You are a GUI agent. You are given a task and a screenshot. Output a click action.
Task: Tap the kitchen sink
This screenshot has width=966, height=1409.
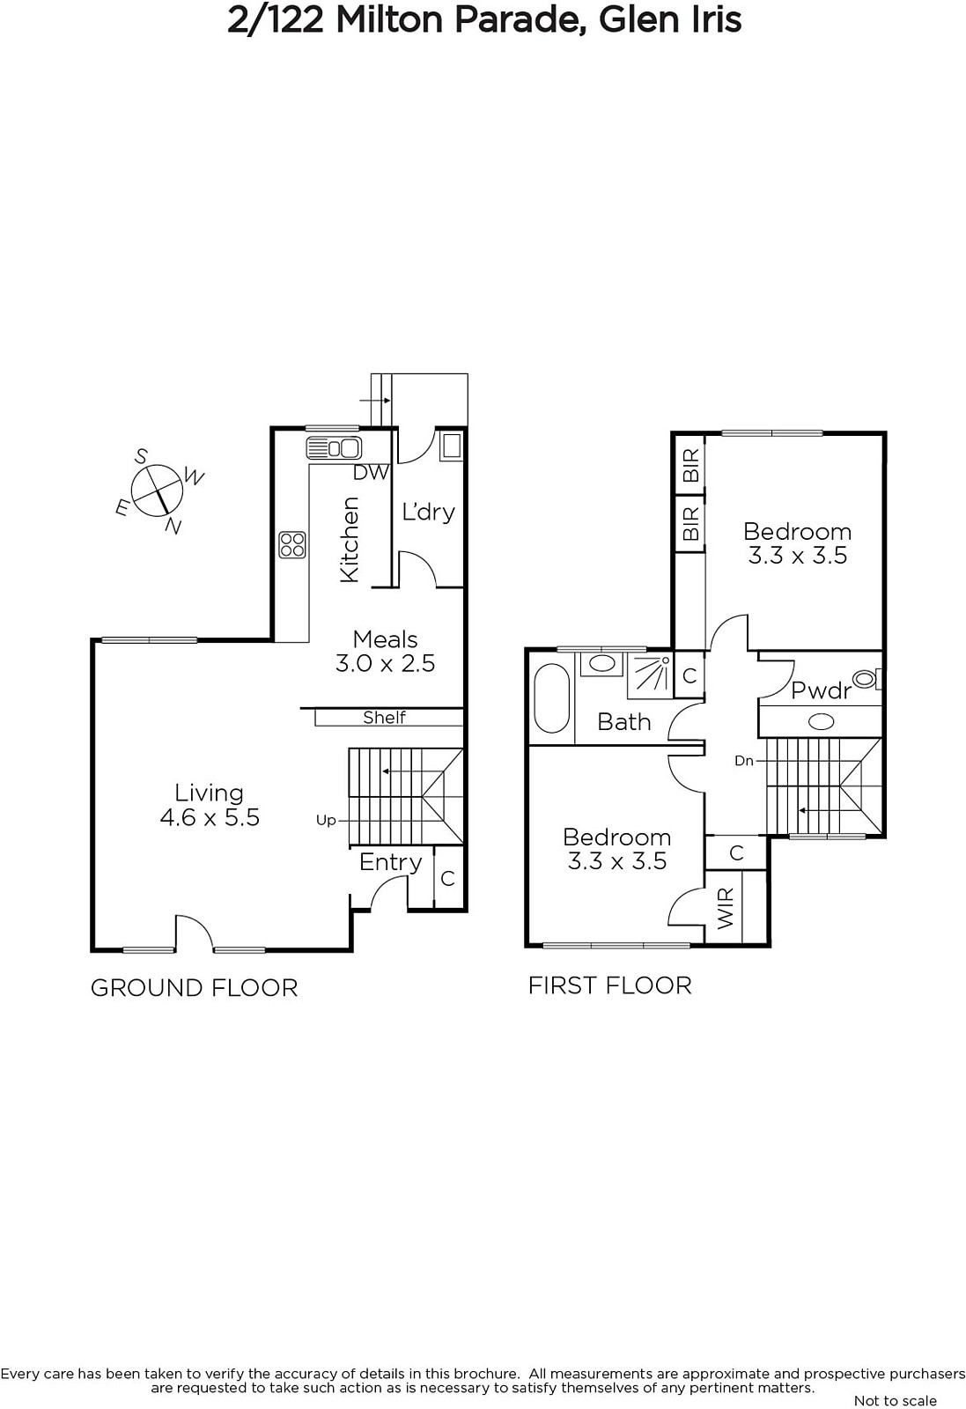coord(334,448)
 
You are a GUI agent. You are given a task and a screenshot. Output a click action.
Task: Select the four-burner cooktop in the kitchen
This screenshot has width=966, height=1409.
coord(292,545)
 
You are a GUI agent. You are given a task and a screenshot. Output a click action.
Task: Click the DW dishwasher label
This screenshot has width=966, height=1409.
coord(372,472)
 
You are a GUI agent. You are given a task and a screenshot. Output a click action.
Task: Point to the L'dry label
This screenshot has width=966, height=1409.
coord(428,512)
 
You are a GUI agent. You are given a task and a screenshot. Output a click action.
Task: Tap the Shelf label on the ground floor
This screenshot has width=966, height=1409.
coord(384,717)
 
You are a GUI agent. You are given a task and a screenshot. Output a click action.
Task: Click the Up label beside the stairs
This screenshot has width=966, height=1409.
coord(326,821)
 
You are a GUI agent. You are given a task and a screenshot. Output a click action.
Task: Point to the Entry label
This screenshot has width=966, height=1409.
coord(391,862)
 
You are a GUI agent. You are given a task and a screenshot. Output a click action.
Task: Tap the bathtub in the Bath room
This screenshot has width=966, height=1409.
coord(551,697)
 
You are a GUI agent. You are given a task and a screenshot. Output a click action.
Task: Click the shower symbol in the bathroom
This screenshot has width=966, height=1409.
coord(650,676)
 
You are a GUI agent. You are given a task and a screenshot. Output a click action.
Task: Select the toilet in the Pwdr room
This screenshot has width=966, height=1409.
coord(868,679)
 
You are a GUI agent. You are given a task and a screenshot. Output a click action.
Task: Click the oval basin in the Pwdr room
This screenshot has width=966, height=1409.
coord(821,722)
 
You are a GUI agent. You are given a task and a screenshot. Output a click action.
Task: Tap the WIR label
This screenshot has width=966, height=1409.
coord(725,909)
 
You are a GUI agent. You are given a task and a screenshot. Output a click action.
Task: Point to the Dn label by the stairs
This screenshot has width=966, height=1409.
coord(744,761)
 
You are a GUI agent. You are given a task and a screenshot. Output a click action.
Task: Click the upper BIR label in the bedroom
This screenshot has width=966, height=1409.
coord(690,466)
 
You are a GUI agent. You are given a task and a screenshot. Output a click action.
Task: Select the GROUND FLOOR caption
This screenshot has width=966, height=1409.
coord(195,988)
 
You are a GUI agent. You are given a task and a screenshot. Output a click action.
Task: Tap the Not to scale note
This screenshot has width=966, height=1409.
coord(896,1400)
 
